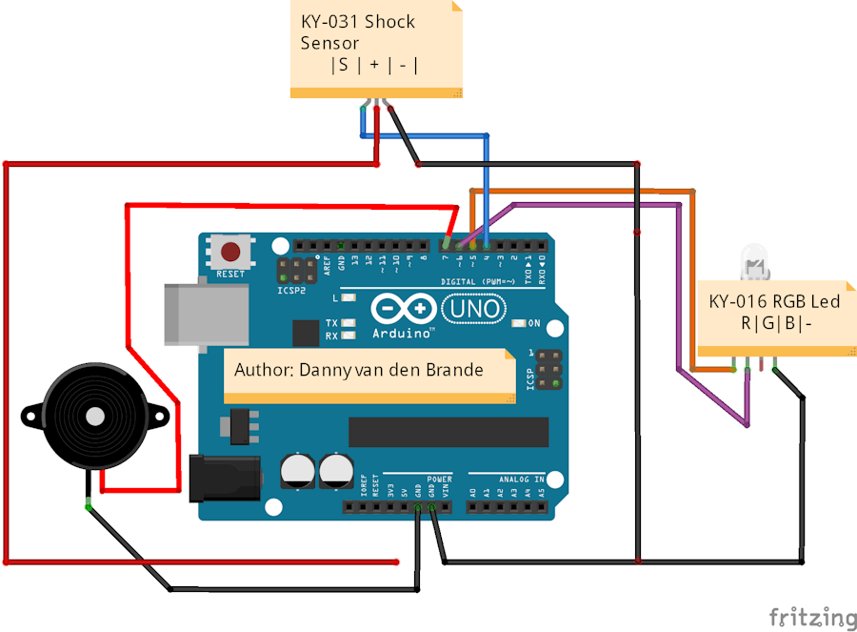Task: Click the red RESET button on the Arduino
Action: coord(230,254)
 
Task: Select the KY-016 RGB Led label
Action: coord(774,313)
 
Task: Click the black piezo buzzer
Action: coord(95,416)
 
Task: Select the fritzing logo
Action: coord(811,617)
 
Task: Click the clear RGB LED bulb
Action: coord(754,259)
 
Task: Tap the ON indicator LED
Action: coord(519,323)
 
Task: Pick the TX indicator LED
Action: coord(349,323)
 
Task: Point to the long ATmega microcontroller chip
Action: coord(448,432)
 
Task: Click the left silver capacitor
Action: coord(297,470)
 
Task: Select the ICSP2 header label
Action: coord(291,289)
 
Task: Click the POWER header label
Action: coord(439,479)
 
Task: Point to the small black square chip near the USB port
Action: coord(306,334)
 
